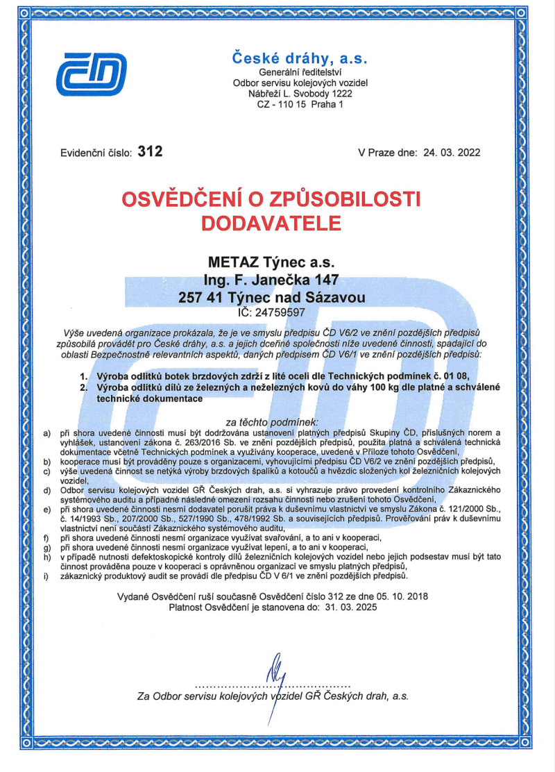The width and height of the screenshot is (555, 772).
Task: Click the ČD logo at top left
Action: tap(92, 74)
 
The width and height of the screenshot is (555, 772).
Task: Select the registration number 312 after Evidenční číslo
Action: tap(150, 151)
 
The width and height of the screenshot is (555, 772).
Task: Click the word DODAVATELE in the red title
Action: tap(271, 223)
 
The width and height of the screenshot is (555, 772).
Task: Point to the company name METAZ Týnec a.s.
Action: tap(271, 262)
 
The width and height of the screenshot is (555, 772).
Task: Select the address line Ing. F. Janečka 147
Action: tap(271, 280)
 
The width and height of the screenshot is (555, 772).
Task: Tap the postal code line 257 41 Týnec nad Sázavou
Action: tap(271, 297)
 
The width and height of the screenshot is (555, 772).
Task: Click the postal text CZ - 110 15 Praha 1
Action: tap(300, 104)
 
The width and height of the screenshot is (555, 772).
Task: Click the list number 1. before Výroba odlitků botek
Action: tap(85, 376)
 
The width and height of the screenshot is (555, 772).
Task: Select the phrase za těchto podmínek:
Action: tap(273, 421)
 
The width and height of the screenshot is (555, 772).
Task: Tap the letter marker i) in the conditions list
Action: tap(46, 576)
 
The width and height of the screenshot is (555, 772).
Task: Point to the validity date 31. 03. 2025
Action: tap(346, 607)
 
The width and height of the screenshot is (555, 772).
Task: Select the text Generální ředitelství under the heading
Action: tap(300, 72)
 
